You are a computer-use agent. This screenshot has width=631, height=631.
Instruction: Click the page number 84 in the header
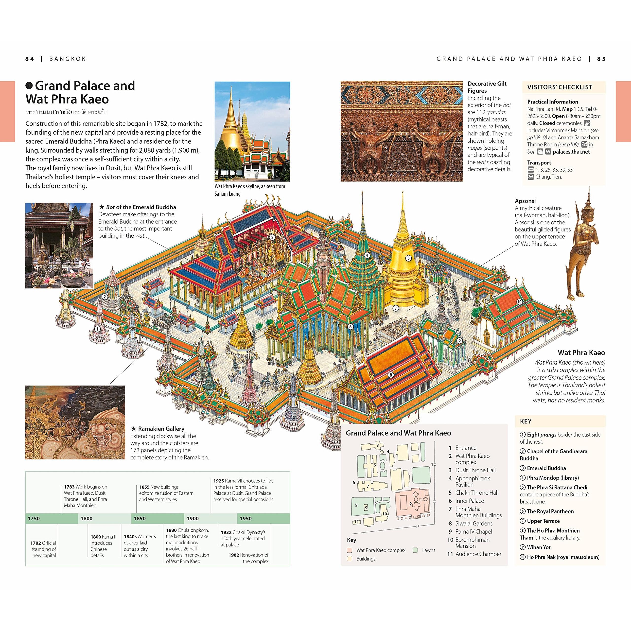click(29, 59)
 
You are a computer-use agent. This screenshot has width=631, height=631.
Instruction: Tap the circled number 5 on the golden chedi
click(408, 258)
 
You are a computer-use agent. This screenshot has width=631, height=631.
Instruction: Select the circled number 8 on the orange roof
click(391, 375)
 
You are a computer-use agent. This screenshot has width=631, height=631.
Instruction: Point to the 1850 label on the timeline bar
click(140, 518)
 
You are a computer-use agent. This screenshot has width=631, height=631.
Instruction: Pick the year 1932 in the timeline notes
click(226, 532)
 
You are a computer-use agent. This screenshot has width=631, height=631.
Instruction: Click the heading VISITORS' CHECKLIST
click(560, 87)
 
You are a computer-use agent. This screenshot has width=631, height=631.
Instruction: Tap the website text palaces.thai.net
click(571, 152)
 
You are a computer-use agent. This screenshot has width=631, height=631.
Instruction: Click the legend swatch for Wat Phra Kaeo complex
click(350, 550)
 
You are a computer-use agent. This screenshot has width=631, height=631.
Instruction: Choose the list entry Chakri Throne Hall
click(477, 492)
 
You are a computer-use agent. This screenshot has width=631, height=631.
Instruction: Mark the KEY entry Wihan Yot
click(539, 547)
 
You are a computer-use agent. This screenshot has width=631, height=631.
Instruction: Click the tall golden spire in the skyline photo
click(231, 111)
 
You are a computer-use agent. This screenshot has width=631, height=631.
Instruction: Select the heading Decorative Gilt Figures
click(487, 87)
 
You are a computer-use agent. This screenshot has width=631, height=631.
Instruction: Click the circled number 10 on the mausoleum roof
click(519, 302)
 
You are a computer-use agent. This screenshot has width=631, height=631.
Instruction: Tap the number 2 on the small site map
click(411, 504)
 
